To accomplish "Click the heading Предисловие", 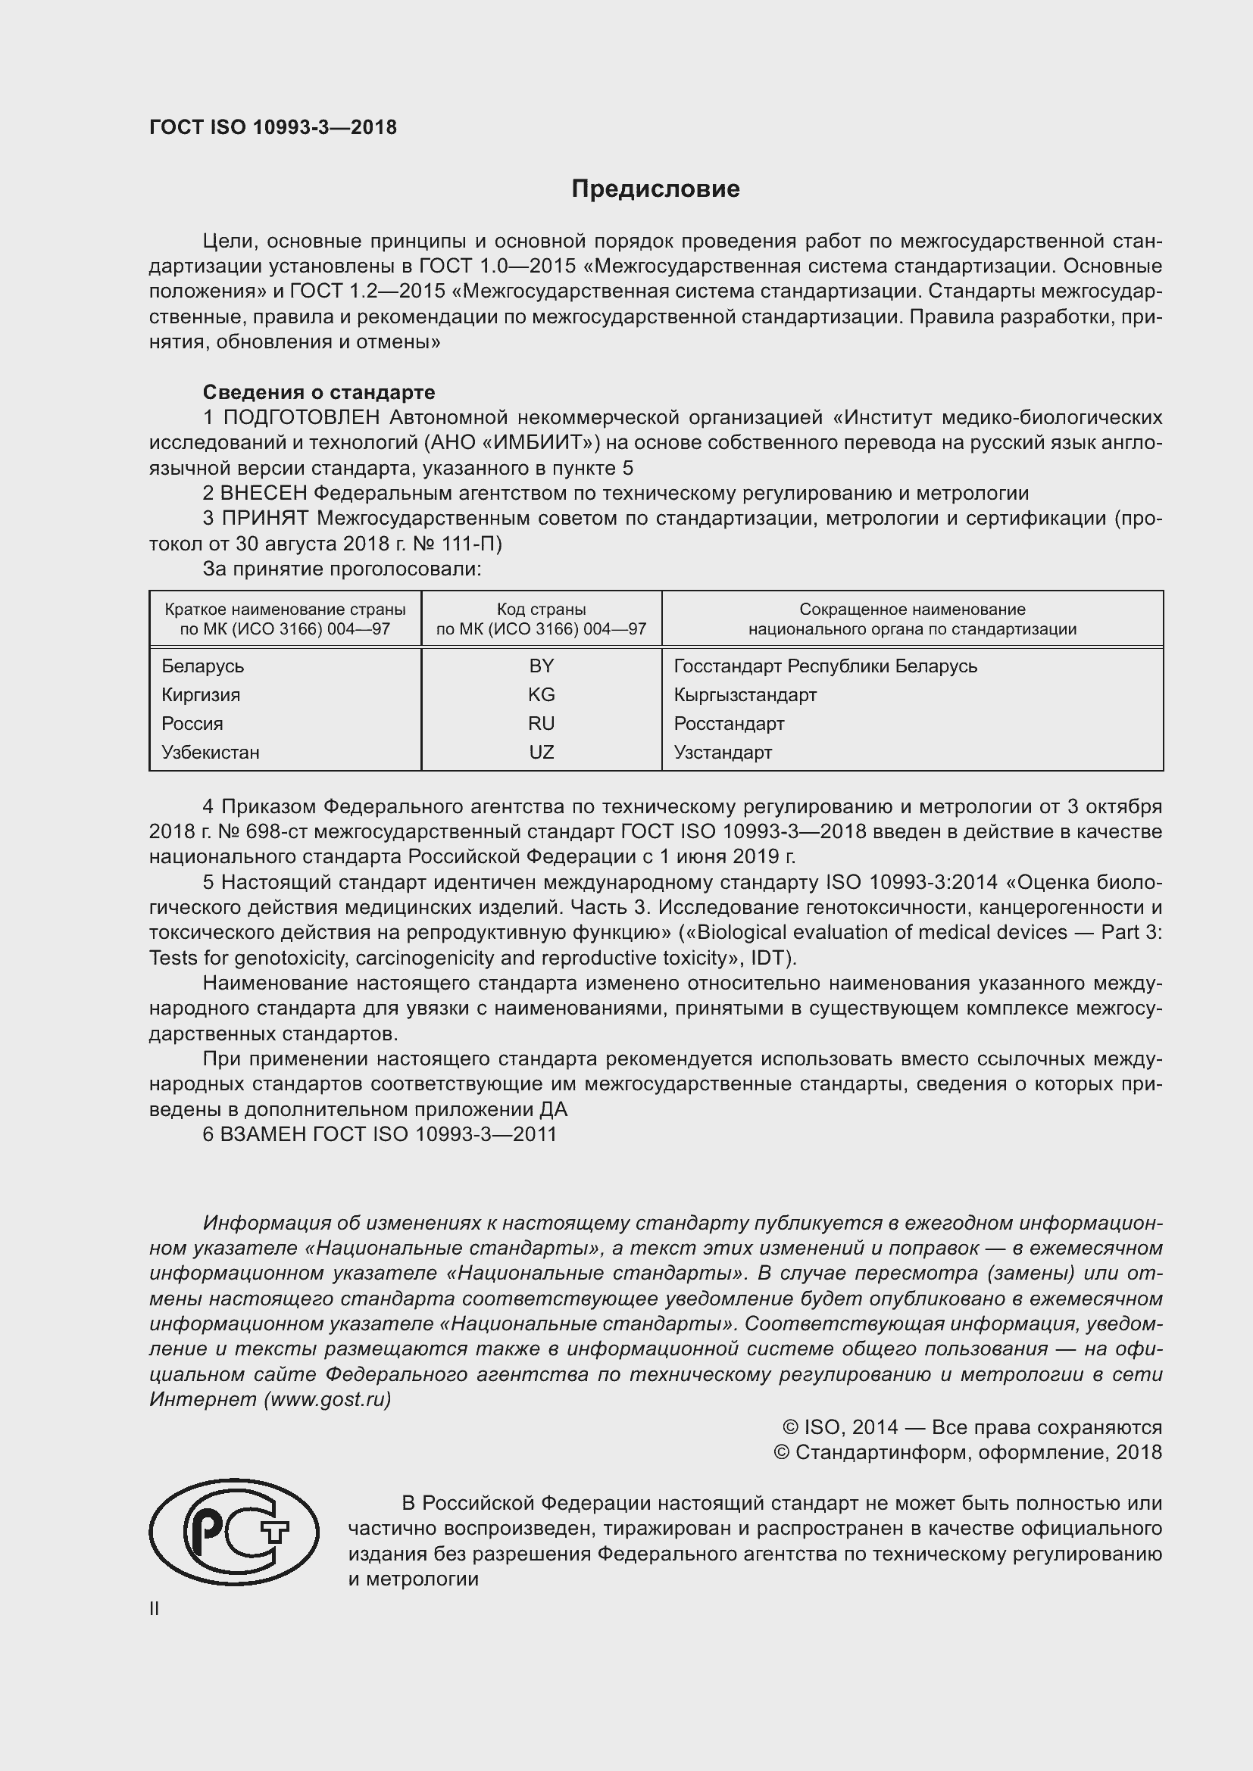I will pos(655,189).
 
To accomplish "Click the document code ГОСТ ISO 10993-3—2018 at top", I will pos(273,127).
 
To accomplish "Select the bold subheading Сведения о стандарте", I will pos(319,393).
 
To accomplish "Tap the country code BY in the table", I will pos(541,666).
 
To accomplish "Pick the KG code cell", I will pos(541,694).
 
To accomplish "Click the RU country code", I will pos(541,724).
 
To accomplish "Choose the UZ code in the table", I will pos(541,752).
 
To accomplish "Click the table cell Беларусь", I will pos(203,666).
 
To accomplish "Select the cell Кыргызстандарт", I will pos(745,694).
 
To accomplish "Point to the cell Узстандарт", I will pos(722,752).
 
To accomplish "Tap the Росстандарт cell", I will pos(728,724).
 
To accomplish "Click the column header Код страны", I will pos(541,619).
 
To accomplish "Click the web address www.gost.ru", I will pos(327,1399).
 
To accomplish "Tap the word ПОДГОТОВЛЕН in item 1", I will pos(301,418).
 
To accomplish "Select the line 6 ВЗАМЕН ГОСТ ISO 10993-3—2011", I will pos(379,1135).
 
